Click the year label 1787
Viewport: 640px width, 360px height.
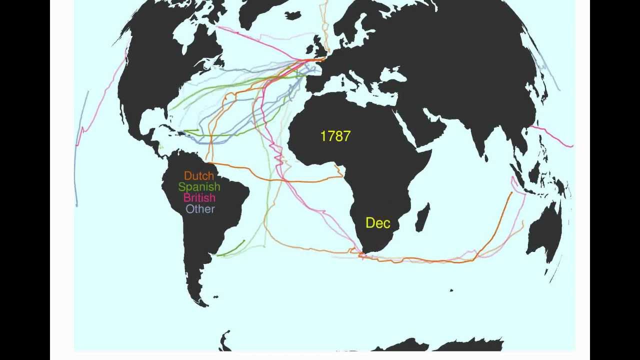pos(335,136)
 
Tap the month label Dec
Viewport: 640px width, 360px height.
pos(377,223)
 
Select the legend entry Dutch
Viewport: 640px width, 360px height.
pos(199,176)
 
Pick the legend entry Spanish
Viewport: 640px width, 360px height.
pos(199,187)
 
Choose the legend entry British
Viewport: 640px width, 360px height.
pos(199,198)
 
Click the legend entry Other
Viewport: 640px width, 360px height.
pos(200,209)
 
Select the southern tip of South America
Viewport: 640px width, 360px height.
pos(202,300)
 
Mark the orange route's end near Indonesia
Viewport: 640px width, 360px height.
pos(511,193)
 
